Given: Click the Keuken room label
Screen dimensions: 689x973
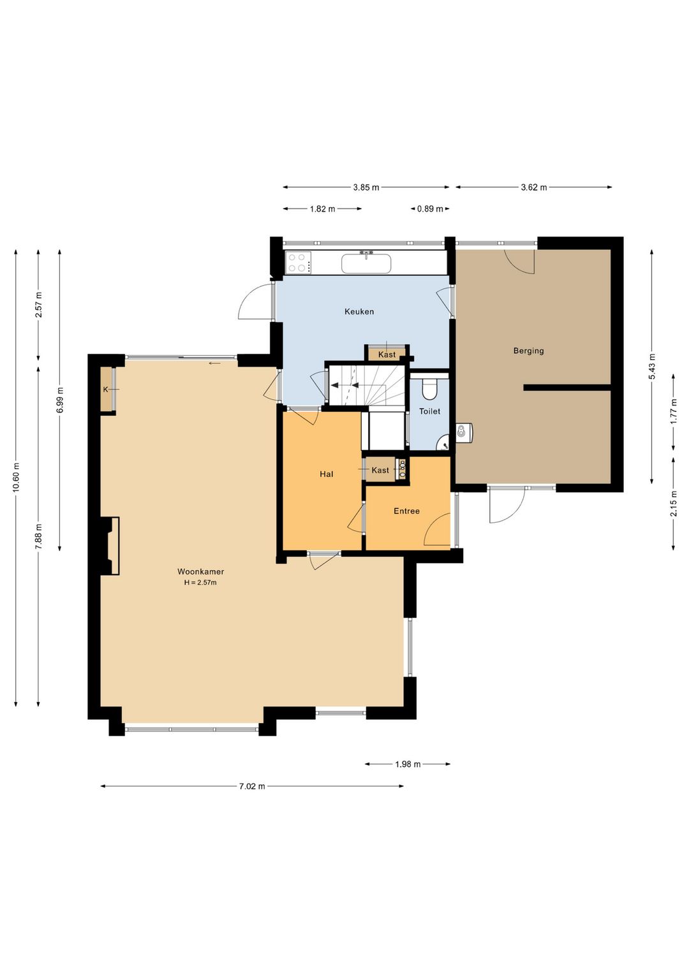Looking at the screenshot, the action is click(x=359, y=311).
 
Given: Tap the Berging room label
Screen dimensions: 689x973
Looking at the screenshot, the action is click(x=528, y=351).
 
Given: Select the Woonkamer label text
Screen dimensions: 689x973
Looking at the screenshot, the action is click(x=200, y=572).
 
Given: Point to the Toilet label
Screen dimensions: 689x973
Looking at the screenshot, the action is click(x=429, y=411).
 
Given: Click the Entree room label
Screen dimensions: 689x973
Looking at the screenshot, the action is click(x=406, y=511).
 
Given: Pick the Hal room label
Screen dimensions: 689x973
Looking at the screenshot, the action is click(x=327, y=474).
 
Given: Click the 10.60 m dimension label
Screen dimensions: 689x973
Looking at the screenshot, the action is click(x=17, y=478).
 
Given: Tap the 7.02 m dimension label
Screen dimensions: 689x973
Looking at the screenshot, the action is click(x=252, y=786).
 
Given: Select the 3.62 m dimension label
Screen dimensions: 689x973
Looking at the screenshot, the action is click(x=534, y=187).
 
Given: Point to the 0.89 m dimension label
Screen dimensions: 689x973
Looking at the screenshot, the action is click(x=430, y=209).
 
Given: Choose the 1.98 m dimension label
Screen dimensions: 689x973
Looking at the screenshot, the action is click(x=408, y=764).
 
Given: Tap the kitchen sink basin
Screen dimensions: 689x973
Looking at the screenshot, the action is click(x=366, y=264).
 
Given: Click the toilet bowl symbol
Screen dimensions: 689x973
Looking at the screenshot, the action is click(x=429, y=389).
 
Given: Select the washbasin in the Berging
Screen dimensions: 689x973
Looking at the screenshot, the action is click(x=464, y=432).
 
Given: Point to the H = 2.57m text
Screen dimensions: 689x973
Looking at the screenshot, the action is click(x=200, y=583).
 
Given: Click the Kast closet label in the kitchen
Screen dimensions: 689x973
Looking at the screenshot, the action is click(x=387, y=355).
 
